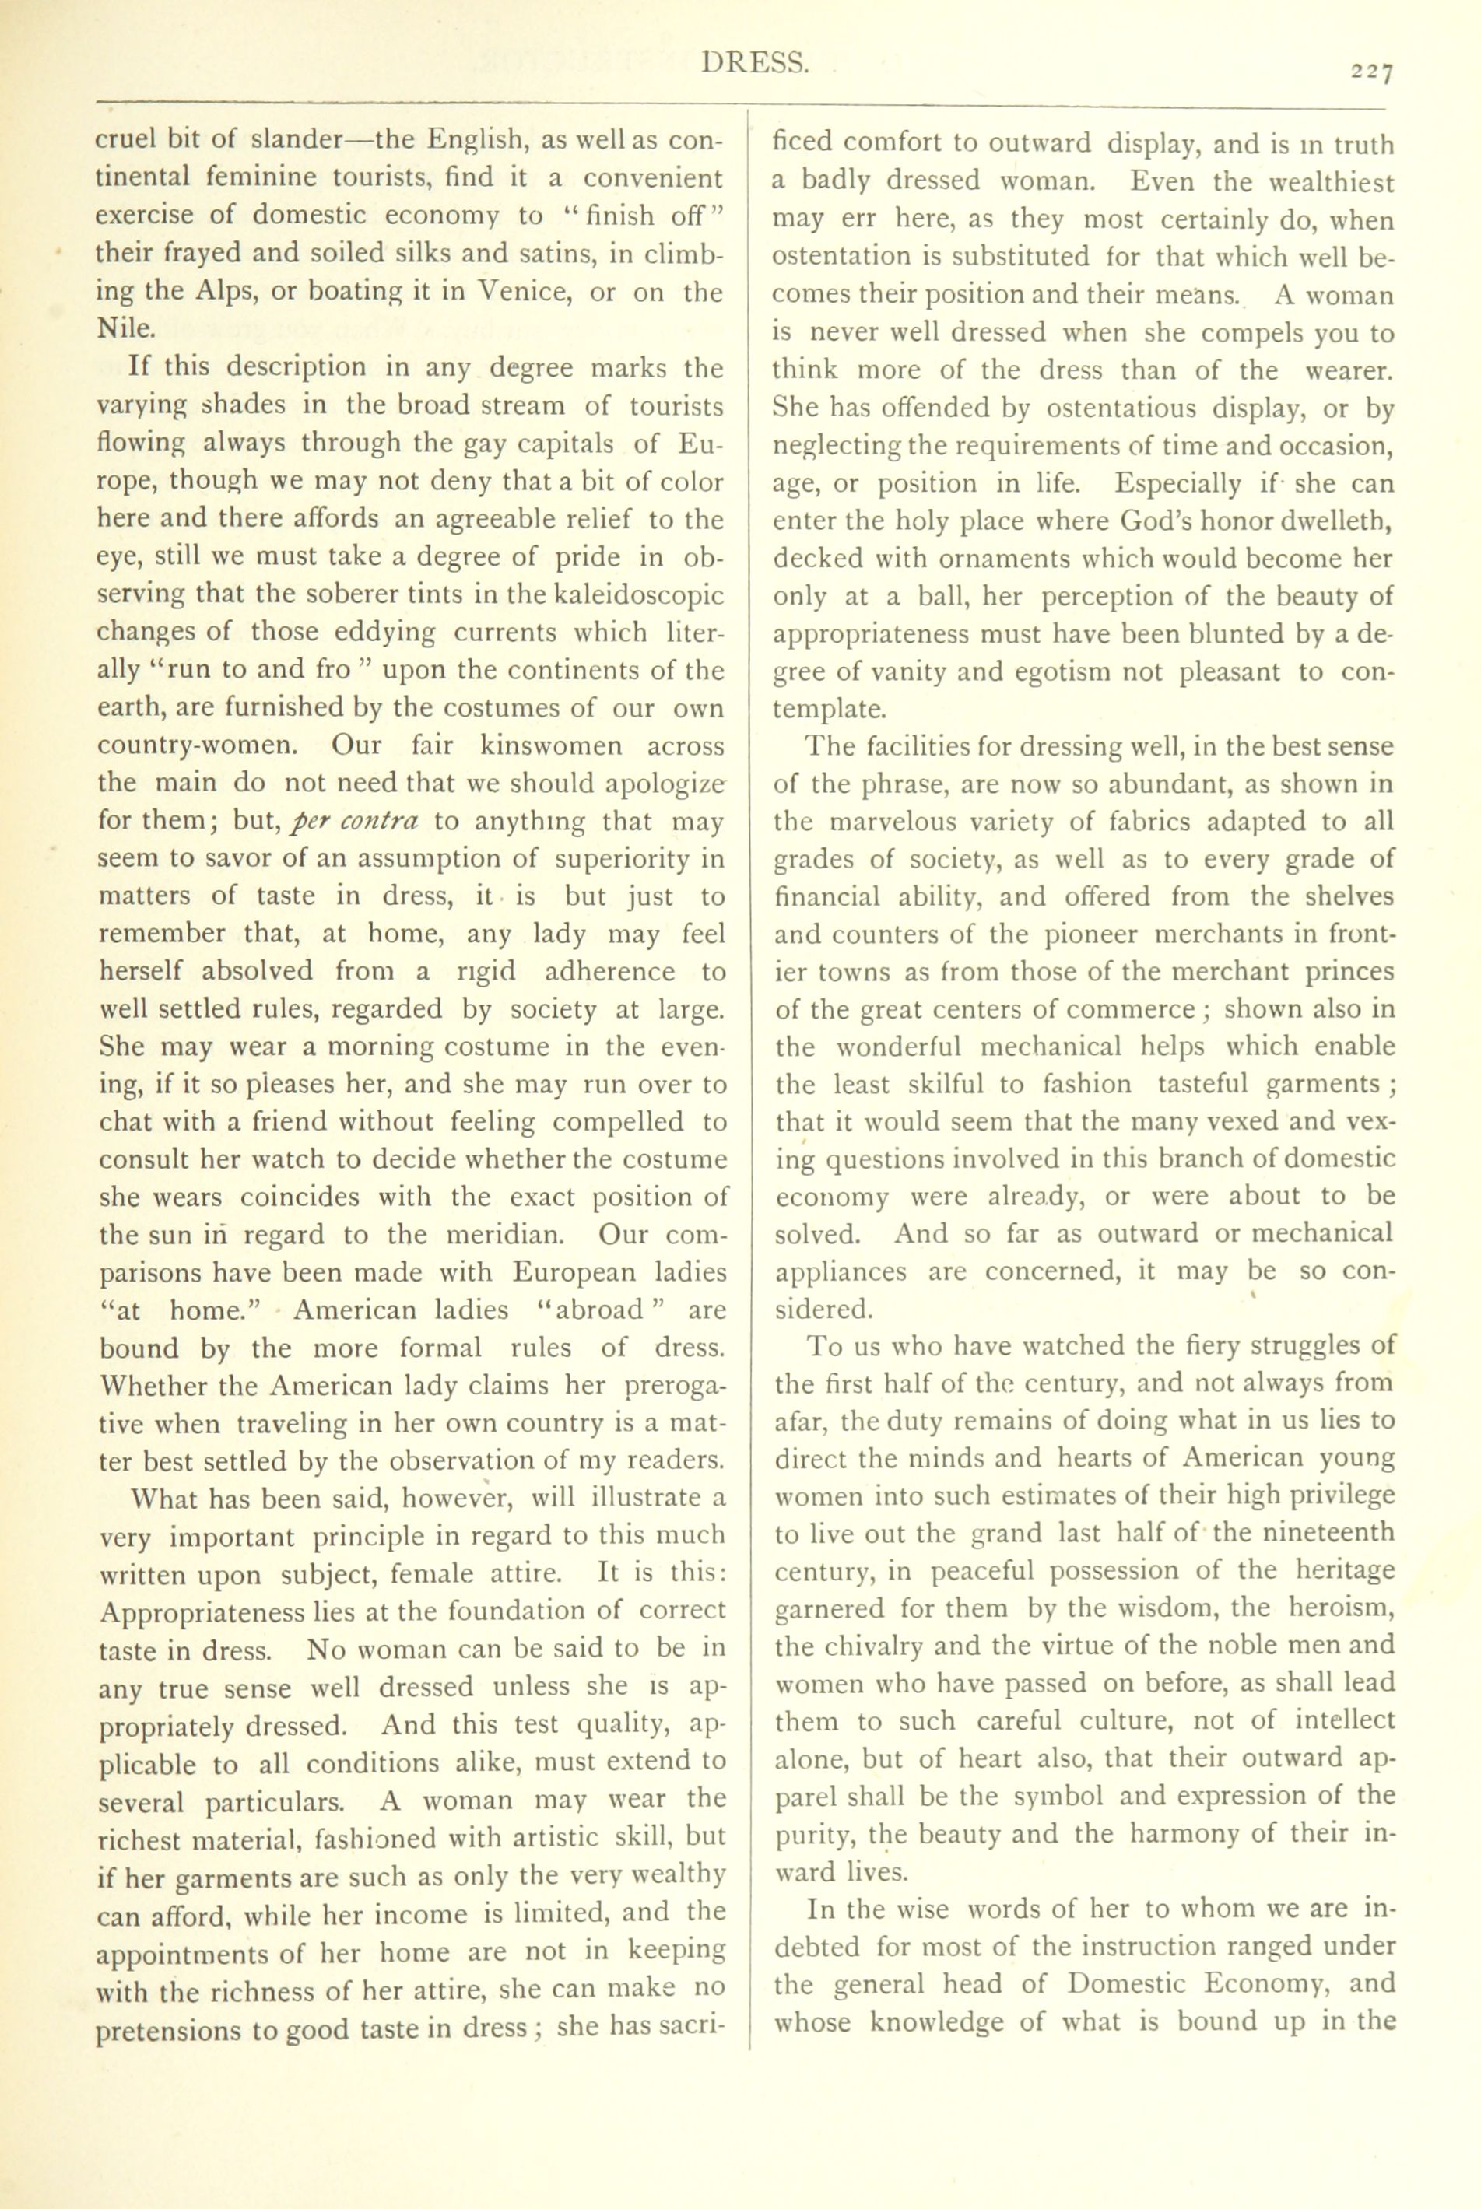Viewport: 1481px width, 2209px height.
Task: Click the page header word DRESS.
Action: point(755,65)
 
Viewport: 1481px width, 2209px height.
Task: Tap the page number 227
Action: point(1371,72)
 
